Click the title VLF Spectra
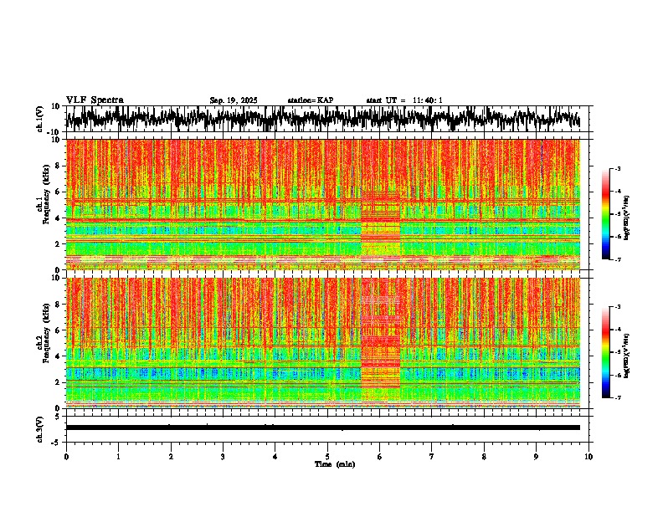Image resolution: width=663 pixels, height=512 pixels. [x=95, y=100]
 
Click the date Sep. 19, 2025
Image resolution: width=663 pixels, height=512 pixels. [x=234, y=100]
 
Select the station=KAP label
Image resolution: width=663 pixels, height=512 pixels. [x=310, y=100]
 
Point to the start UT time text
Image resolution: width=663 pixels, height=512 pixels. [x=403, y=100]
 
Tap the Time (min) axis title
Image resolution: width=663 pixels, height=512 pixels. [x=334, y=464]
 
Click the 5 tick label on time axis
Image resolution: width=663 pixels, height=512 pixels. [x=327, y=457]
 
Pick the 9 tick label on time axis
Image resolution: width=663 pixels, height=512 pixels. [x=537, y=457]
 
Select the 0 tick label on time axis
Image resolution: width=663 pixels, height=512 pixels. [x=66, y=457]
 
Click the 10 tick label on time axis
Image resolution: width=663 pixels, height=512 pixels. [x=588, y=457]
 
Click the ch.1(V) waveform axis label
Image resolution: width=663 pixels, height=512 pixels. [x=41, y=119]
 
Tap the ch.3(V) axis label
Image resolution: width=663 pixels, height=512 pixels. [x=41, y=428]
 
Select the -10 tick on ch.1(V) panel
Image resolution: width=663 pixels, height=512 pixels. [x=54, y=132]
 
